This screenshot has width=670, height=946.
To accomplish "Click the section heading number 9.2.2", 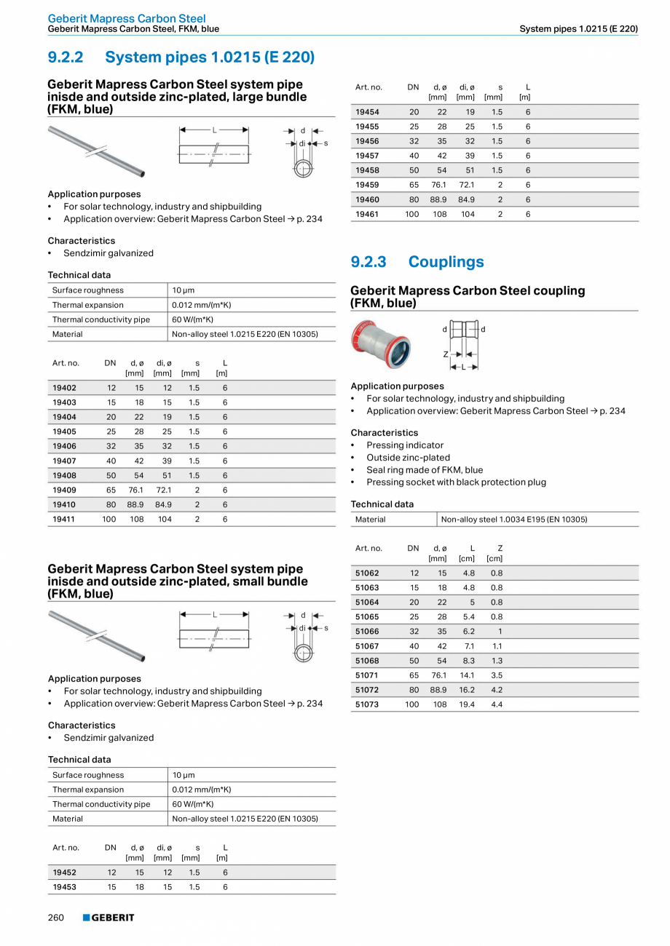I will (66, 57).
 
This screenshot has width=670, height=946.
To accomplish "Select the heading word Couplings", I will (446, 262).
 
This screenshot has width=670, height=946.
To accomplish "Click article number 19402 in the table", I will (64, 388).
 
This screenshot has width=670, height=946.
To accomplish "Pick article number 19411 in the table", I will (64, 519).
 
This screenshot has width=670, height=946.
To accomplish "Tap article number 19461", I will (367, 214).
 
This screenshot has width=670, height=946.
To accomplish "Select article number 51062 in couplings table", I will (367, 573).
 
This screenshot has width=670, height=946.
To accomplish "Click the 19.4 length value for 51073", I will (467, 704).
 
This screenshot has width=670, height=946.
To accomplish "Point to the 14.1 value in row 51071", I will (467, 675).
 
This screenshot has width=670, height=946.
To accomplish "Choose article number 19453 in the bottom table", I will (64, 887).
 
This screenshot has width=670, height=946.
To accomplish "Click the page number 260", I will (56, 918).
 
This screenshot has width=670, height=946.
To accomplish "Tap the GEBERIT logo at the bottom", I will (109, 918).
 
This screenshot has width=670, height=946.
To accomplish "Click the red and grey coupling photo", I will (379, 343).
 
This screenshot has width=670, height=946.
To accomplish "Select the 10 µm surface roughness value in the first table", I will (184, 290).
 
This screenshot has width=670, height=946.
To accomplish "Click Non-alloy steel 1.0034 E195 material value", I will (513, 520).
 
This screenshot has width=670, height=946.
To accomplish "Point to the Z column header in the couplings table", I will (500, 548).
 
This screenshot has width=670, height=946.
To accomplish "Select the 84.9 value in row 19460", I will (466, 199).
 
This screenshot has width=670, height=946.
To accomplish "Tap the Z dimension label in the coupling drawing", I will (445, 354).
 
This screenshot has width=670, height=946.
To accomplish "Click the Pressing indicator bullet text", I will (405, 445).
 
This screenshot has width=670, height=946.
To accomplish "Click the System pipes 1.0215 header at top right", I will (578, 29).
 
